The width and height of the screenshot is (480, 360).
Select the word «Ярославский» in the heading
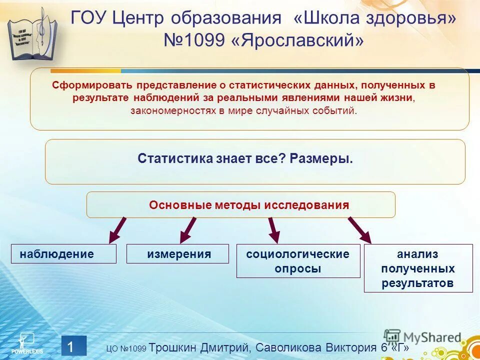(297, 41)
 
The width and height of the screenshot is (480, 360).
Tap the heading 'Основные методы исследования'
(248, 205)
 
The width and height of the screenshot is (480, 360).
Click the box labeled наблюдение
(63, 254)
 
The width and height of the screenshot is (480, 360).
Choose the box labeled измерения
(178, 254)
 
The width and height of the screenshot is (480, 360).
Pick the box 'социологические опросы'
(298, 261)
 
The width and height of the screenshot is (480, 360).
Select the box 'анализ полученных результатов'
(418, 268)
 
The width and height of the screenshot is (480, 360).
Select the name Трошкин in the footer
(173, 347)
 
